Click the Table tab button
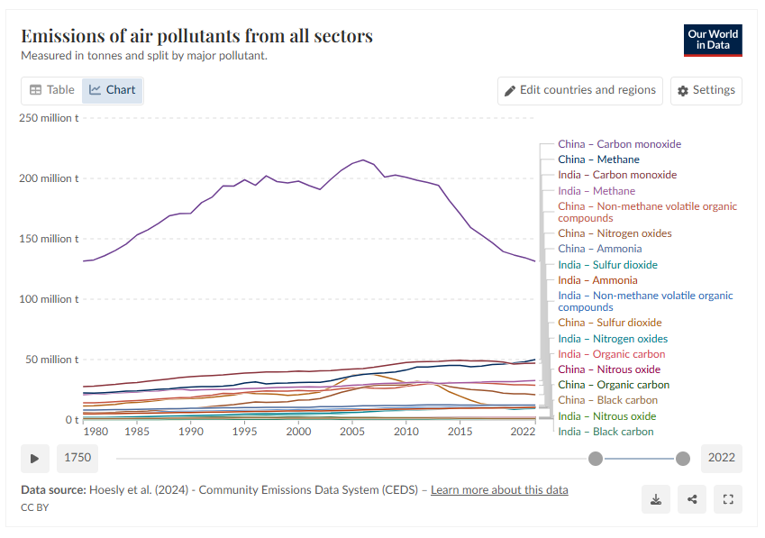[51, 90]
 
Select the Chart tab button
[113, 90]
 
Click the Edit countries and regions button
[579, 90]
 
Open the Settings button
[706, 90]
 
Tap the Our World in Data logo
[713, 40]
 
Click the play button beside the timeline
[35, 458]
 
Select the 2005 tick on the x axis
[352, 432]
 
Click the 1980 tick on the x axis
[95, 432]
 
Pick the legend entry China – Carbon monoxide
[619, 144]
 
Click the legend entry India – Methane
[596, 191]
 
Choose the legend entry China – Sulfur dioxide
[609, 323]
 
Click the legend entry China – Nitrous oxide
[609, 369]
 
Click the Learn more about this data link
[499, 490]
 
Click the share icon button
[692, 499]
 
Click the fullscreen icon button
[727, 499]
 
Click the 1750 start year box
[77, 458]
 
